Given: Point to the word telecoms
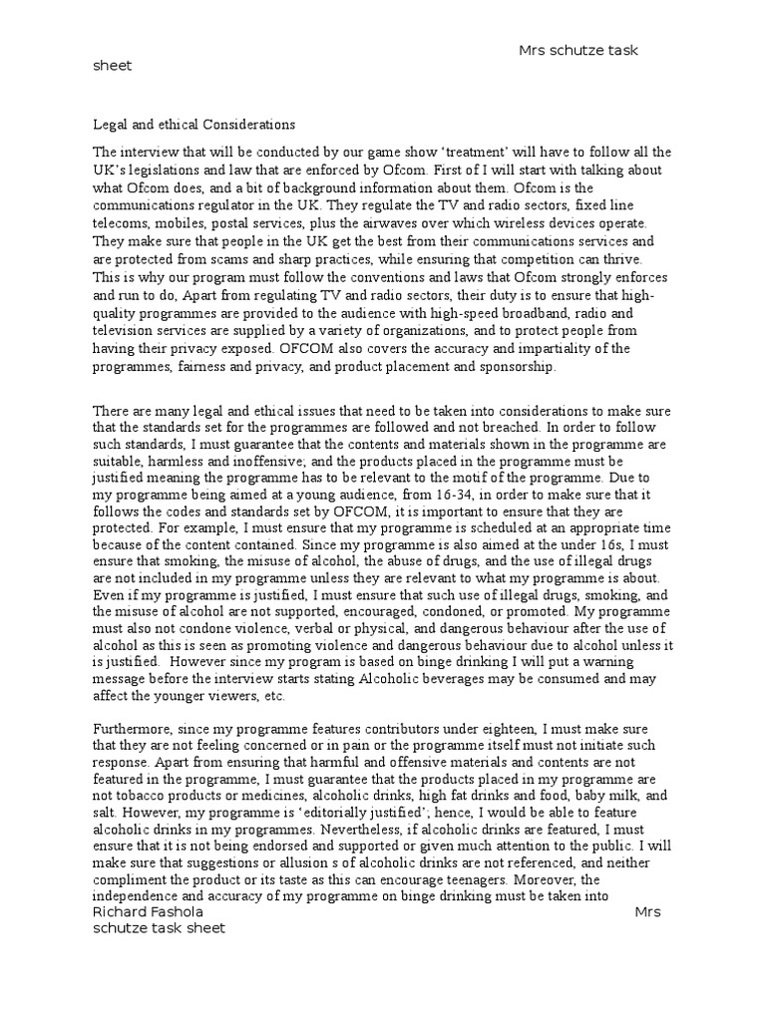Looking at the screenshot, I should pyautogui.click(x=119, y=223).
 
